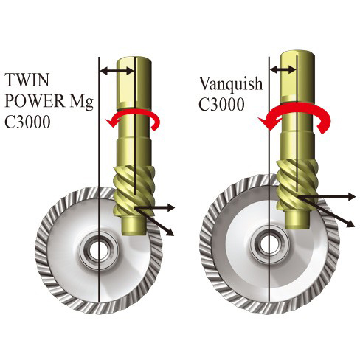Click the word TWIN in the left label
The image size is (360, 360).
coord(27,80)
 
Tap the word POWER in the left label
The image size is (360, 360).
coord(35,101)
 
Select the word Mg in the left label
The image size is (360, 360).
coord(82,102)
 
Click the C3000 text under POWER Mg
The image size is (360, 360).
coord(27,122)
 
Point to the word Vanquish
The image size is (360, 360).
coord(231,84)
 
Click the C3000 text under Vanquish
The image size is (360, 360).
coord(221,104)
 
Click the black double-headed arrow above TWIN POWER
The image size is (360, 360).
coord(117,72)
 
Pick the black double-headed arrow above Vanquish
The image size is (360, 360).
coord(283,69)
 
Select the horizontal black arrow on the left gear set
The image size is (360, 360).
coord(154,208)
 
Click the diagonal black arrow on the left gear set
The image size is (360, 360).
coord(154,221)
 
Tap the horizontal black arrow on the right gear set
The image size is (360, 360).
coord(327,196)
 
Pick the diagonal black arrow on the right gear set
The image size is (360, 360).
coord(326,211)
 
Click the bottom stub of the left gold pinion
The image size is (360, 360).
coord(134,225)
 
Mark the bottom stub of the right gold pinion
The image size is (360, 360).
coord(297,219)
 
